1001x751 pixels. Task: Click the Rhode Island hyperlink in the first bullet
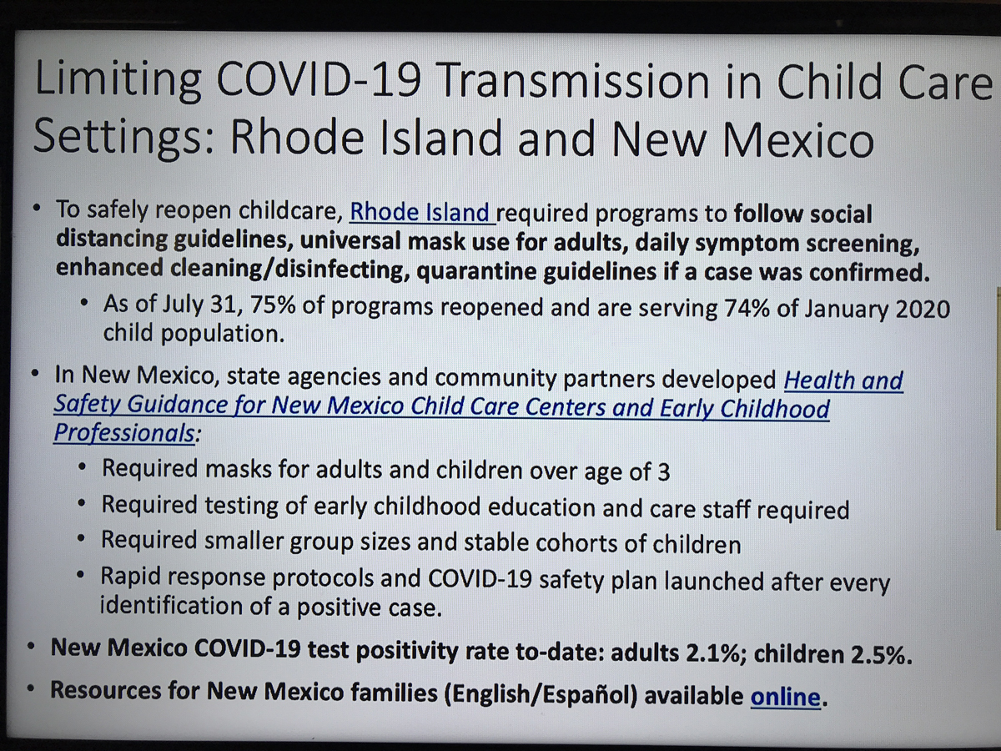(420, 213)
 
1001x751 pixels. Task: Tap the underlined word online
(785, 697)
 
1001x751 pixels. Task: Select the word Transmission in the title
(574, 82)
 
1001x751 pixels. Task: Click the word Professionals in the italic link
(124, 432)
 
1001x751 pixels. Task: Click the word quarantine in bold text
(475, 271)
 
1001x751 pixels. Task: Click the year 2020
(923, 310)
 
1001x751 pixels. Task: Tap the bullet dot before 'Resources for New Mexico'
(31, 688)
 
